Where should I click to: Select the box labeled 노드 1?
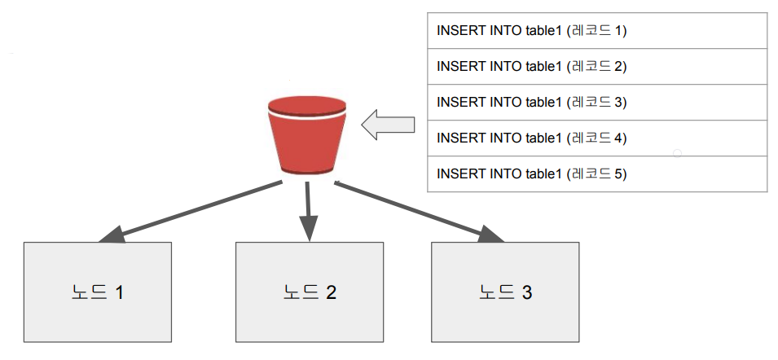(98, 292)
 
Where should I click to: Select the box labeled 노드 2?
(310, 292)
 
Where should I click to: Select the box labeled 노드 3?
(505, 292)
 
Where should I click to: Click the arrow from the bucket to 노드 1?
(191, 212)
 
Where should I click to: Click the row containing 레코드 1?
(597, 31)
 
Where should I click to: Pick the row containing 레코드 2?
(597, 67)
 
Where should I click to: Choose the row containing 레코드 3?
(597, 103)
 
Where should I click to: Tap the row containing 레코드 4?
(597, 138)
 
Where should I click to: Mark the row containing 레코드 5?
(597, 174)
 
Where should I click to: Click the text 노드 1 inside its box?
(98, 292)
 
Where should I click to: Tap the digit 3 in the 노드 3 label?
(527, 292)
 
